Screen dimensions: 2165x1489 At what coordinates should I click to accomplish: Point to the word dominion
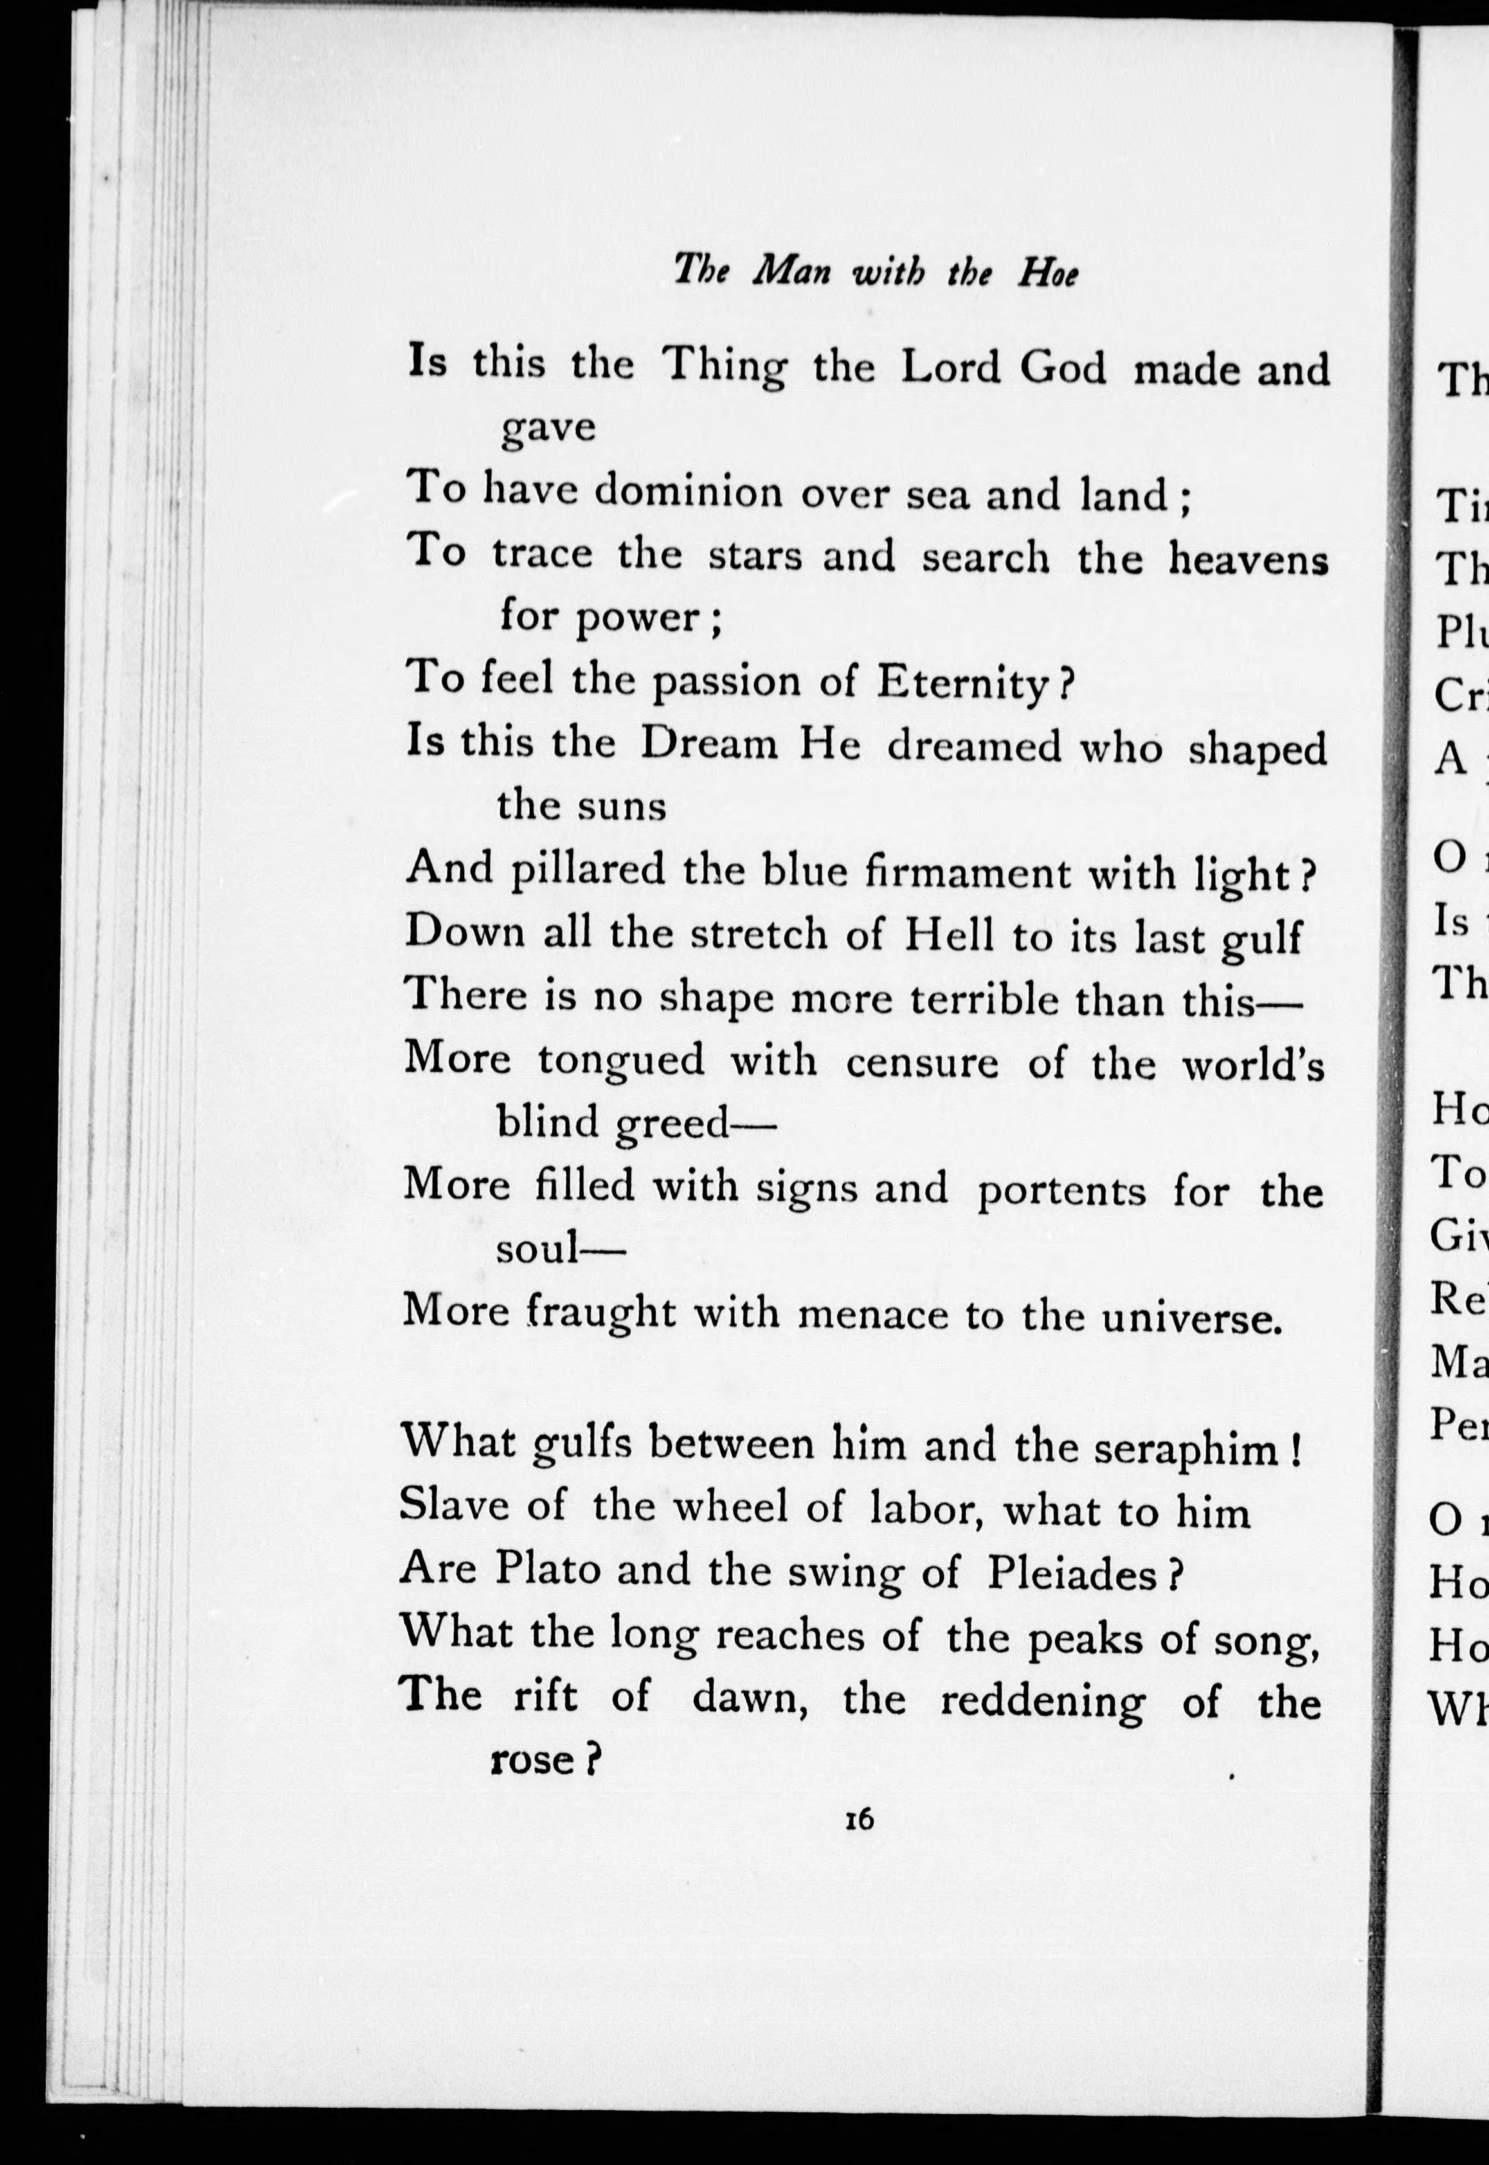click(x=689, y=492)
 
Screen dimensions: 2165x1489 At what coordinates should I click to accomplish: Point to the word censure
click(x=922, y=1063)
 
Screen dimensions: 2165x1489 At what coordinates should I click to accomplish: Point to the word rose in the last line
click(x=531, y=1759)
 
